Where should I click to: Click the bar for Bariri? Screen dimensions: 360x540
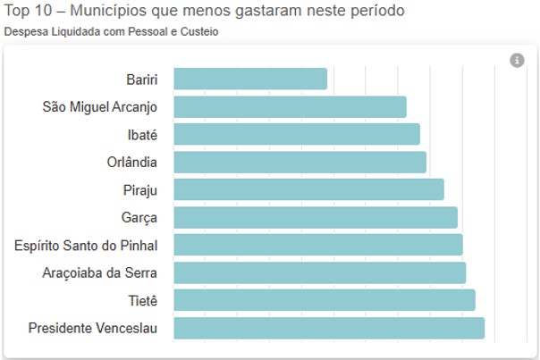click(250, 79)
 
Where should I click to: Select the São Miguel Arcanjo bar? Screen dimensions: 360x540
click(290, 107)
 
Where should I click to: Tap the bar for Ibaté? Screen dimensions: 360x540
click(297, 135)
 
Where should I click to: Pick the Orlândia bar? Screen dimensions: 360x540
click(300, 163)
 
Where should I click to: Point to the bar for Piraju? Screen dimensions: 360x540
click(308, 189)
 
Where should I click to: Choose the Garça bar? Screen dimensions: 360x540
click(315, 217)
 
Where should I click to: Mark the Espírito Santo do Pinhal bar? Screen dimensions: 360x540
click(317, 245)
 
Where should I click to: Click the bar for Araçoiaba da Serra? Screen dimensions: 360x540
click(319, 272)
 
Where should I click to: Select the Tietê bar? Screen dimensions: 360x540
click(324, 300)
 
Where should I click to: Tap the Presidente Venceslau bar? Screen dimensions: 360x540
click(328, 328)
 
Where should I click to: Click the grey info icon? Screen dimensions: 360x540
click(517, 60)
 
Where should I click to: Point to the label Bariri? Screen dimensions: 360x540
click(142, 80)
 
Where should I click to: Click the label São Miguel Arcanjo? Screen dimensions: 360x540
click(100, 107)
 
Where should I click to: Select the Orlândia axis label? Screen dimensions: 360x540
click(132, 163)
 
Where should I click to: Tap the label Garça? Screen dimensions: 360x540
click(139, 217)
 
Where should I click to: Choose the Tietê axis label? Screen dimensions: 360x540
click(141, 300)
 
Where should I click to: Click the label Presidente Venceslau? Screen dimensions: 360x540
click(93, 328)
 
